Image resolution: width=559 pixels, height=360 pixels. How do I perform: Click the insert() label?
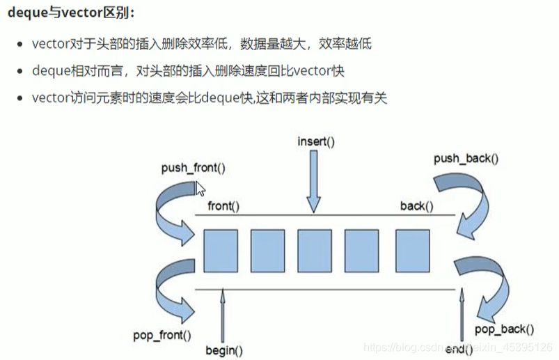click(315, 141)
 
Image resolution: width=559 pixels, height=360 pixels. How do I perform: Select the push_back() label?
click(466, 159)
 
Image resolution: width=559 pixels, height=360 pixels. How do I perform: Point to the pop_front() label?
click(162, 335)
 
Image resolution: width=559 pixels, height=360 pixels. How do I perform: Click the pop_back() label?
click(504, 329)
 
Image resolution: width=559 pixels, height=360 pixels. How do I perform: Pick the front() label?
click(223, 206)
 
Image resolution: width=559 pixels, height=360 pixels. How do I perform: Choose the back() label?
click(416, 206)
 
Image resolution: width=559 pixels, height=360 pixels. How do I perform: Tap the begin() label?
click(223, 350)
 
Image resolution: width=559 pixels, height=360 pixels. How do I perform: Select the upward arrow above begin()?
click(223, 313)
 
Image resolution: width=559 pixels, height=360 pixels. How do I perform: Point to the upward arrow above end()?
click(460, 313)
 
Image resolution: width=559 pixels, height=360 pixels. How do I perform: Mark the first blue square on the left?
click(221, 250)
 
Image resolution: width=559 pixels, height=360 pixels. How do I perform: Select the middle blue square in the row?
click(315, 250)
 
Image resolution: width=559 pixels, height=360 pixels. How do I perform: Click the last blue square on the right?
click(412, 250)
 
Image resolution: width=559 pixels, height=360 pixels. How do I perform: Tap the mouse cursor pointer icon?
click(200, 189)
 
